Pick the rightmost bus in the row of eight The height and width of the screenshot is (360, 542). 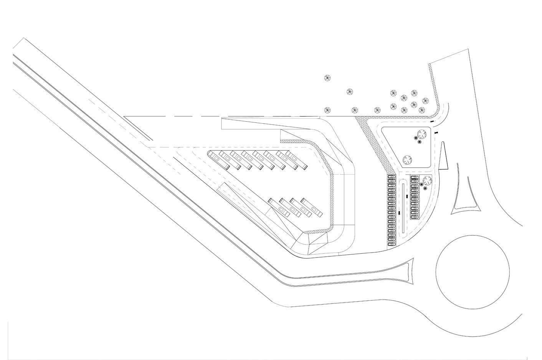[297, 161]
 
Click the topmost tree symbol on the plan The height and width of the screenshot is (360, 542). [327, 78]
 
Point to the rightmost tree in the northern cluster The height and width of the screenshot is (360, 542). [425, 101]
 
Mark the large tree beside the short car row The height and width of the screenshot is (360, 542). [426, 179]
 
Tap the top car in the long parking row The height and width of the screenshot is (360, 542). [391, 178]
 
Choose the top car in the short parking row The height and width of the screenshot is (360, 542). [414, 178]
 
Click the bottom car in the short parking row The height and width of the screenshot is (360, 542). [414, 217]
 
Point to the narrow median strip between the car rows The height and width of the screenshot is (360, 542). [403, 209]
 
